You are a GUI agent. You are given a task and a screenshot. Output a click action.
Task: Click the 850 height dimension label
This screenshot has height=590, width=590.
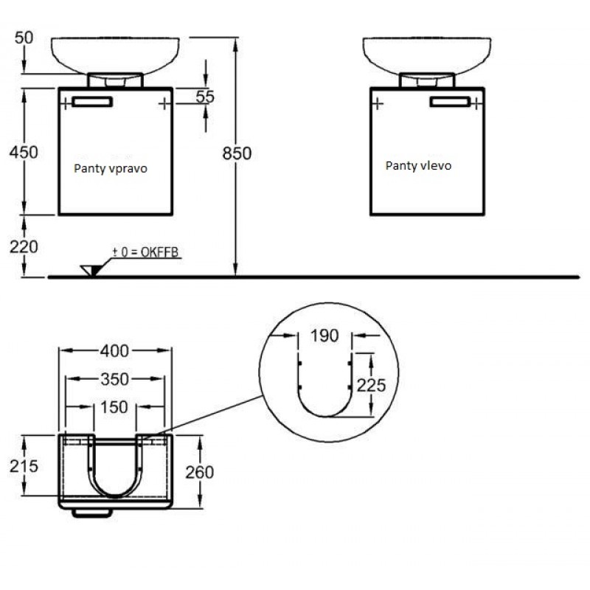click(237, 153)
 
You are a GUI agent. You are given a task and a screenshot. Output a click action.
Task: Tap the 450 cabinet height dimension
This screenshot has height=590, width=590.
click(24, 151)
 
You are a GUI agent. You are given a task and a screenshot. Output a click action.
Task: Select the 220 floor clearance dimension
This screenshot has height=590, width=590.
click(24, 246)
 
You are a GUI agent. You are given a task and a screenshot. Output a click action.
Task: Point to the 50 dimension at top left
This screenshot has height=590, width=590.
click(25, 36)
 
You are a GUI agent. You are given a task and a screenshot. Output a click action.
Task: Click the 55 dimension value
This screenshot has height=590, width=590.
click(204, 97)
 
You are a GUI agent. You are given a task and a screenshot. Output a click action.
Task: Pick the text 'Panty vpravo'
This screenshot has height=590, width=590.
click(111, 168)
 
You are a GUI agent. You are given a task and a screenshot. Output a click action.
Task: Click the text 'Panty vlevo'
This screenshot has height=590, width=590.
click(418, 166)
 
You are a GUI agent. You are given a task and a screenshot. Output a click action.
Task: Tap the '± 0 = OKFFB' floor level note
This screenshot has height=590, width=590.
click(145, 253)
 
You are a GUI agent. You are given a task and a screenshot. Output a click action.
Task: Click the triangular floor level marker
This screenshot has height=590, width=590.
click(91, 270)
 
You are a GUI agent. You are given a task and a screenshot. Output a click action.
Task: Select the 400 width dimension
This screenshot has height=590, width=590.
click(115, 350)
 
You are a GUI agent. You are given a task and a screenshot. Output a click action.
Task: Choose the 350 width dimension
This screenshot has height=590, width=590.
click(115, 379)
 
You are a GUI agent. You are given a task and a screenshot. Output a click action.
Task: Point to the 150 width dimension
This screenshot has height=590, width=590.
click(115, 406)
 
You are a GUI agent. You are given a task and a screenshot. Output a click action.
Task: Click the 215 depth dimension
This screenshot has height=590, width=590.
click(24, 467)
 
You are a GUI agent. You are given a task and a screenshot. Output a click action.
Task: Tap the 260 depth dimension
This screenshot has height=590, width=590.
click(199, 471)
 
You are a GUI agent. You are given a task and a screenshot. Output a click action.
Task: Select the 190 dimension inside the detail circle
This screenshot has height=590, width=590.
click(324, 336)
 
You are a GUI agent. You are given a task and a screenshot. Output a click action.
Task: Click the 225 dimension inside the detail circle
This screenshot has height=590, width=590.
click(371, 384)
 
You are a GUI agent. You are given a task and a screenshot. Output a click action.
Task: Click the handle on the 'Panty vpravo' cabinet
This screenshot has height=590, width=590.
click(91, 101)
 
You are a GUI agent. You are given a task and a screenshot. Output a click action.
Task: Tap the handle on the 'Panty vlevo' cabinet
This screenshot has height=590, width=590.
click(450, 102)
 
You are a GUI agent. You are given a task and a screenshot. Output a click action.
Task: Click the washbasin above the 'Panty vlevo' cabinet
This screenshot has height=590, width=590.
click(427, 54)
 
